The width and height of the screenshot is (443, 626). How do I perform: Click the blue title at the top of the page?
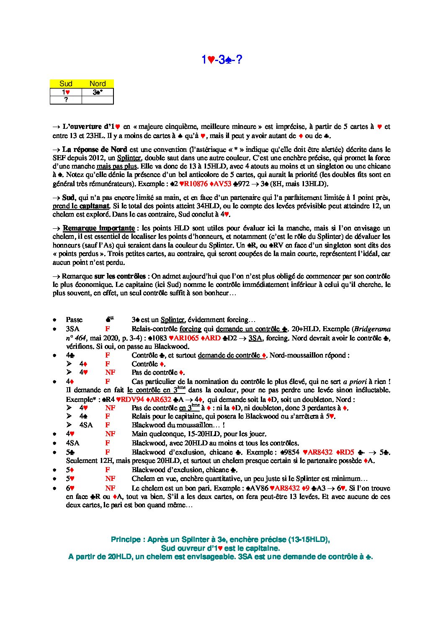221,60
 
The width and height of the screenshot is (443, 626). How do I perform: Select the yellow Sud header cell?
66,84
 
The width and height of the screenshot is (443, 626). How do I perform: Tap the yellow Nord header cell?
98,84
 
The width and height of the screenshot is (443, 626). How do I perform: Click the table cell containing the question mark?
66,100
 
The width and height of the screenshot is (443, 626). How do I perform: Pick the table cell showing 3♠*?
98,92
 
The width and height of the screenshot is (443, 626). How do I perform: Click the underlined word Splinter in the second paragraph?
129,158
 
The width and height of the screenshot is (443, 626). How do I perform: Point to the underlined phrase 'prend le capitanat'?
81,206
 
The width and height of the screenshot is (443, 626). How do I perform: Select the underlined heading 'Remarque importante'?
98,228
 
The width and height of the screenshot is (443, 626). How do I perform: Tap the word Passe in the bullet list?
74,320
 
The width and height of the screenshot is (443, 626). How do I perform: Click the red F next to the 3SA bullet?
108,329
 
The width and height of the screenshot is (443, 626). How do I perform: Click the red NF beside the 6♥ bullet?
110,488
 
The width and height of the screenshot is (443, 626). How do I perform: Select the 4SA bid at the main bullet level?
72,443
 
